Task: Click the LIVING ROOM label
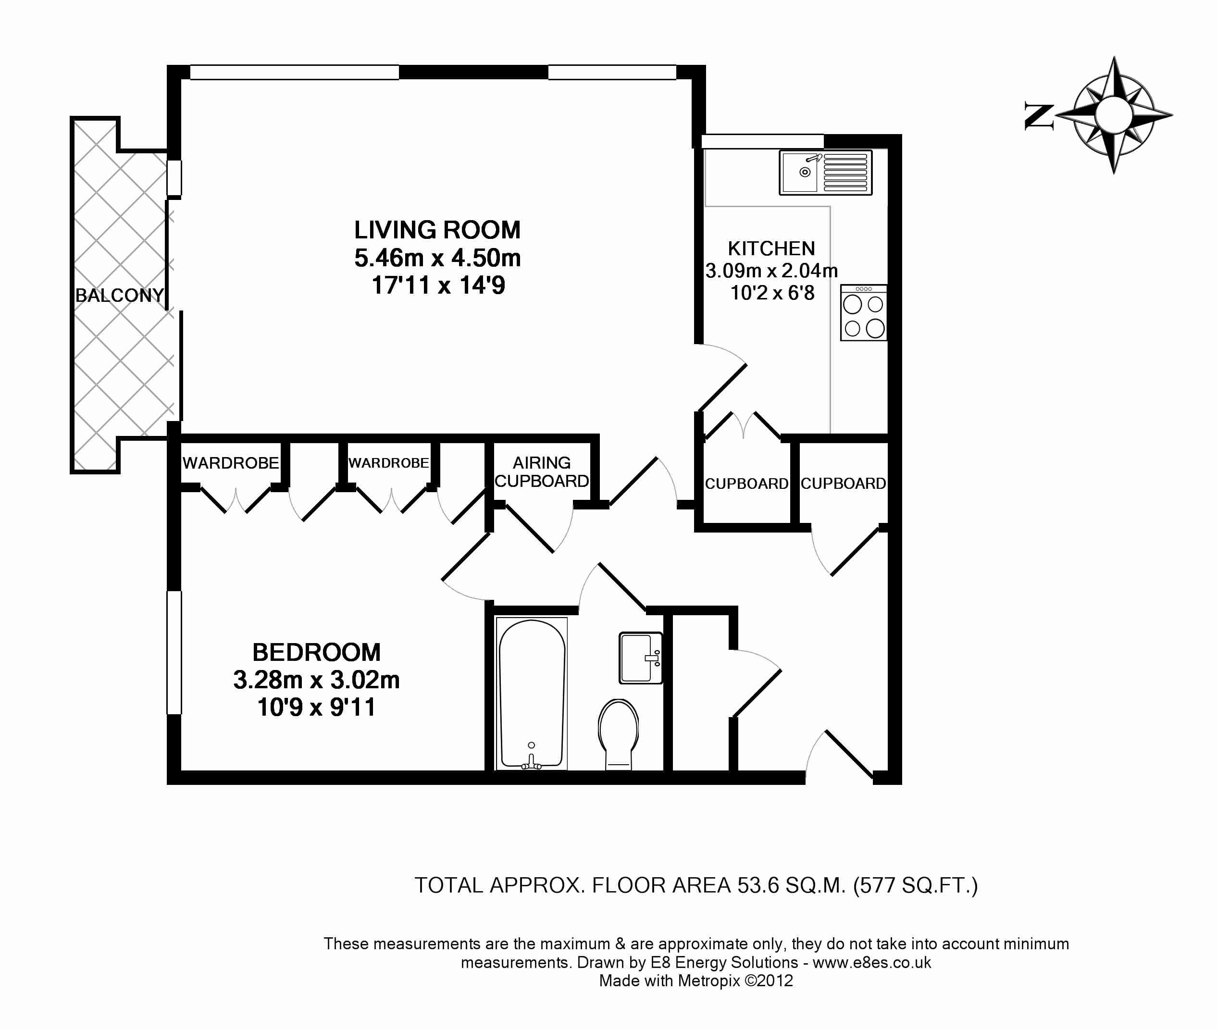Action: click(437, 230)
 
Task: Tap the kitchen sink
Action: click(825, 172)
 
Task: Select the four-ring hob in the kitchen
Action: click(864, 312)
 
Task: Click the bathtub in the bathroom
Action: click(532, 694)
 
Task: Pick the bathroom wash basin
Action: click(641, 658)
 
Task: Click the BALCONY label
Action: click(120, 296)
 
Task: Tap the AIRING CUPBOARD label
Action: click(541, 472)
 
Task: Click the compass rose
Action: click(1114, 115)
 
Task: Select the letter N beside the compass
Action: click(1040, 117)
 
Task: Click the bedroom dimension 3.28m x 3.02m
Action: click(317, 680)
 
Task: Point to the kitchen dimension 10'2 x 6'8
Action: click(772, 293)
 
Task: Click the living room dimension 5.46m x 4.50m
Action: click(437, 258)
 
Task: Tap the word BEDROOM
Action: click(317, 652)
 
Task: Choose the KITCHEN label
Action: click(771, 249)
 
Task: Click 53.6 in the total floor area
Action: click(758, 886)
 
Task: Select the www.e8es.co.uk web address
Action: click(872, 962)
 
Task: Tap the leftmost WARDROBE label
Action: click(231, 463)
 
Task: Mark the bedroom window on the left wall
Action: click(174, 652)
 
